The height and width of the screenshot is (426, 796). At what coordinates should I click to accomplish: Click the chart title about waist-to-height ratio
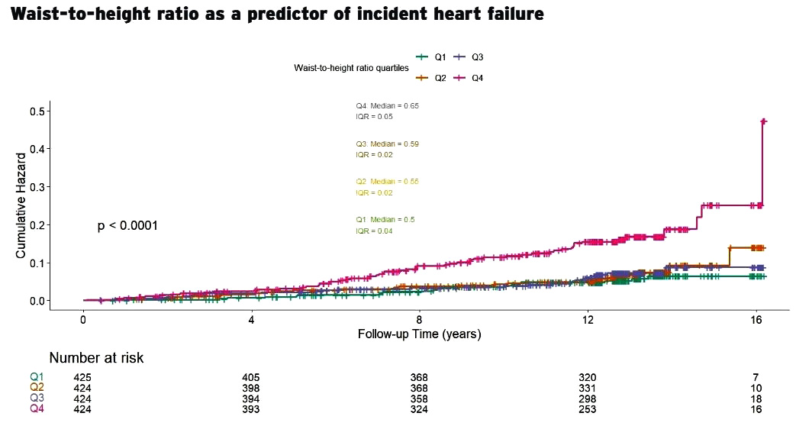[277, 15]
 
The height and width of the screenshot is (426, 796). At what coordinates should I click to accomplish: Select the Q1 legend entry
[432, 57]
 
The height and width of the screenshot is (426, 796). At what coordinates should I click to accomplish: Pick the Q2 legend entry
[432, 78]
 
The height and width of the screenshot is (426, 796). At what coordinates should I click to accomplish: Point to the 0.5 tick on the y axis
[36, 111]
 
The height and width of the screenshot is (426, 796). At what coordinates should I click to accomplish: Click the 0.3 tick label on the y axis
[36, 187]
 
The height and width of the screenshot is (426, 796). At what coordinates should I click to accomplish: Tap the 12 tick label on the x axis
[588, 321]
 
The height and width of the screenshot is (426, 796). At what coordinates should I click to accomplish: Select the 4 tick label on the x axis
[251, 321]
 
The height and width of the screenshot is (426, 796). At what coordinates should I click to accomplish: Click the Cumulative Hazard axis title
[21, 205]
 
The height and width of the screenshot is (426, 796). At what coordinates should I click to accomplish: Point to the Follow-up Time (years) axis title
[420, 334]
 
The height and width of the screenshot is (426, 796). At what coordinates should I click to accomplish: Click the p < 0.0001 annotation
[127, 226]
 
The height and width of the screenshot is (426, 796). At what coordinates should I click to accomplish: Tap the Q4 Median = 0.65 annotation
[387, 105]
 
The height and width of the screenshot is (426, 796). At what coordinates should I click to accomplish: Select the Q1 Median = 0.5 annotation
[385, 220]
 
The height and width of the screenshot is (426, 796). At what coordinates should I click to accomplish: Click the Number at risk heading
[96, 358]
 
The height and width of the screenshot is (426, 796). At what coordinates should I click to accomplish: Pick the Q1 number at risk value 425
[82, 377]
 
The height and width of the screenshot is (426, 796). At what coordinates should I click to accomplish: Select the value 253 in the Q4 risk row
[587, 409]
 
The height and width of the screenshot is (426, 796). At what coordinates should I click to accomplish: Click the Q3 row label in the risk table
[37, 399]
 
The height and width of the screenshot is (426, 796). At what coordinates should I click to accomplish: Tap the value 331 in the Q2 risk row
[587, 388]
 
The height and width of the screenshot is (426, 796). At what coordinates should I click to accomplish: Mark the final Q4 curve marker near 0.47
[763, 121]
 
